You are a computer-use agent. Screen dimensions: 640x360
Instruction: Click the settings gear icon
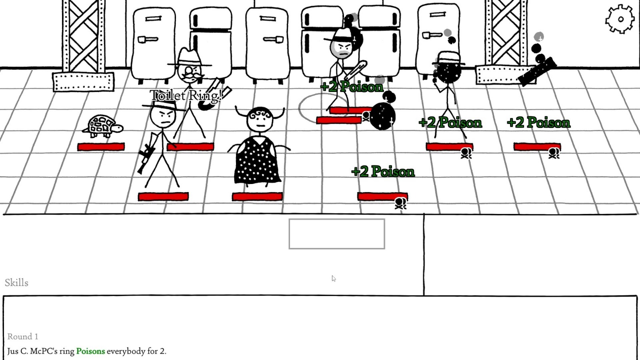pos(620,19)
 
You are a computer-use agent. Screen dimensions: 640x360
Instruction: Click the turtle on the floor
pos(102,126)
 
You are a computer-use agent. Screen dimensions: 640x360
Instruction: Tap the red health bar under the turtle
pos(101,147)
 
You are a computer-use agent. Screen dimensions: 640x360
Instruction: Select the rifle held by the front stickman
pos(148,153)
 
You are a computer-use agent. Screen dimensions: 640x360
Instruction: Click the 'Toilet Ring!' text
pos(186,96)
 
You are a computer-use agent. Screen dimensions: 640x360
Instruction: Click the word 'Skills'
pos(16,282)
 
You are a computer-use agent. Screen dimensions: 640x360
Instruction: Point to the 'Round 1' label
pos(23,336)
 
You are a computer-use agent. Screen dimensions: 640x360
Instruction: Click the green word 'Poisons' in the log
pos(90,351)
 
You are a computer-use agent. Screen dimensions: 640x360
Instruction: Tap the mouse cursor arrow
pos(334,278)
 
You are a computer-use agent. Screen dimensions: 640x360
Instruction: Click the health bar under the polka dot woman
pos(258,196)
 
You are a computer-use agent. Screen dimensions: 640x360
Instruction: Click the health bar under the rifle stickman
pos(163,196)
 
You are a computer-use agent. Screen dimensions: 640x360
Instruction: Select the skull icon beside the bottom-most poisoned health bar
pos(400,204)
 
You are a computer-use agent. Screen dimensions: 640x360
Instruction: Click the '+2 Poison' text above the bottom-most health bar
pos(383,172)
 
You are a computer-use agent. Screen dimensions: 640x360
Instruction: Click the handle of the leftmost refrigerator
pos(148,40)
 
